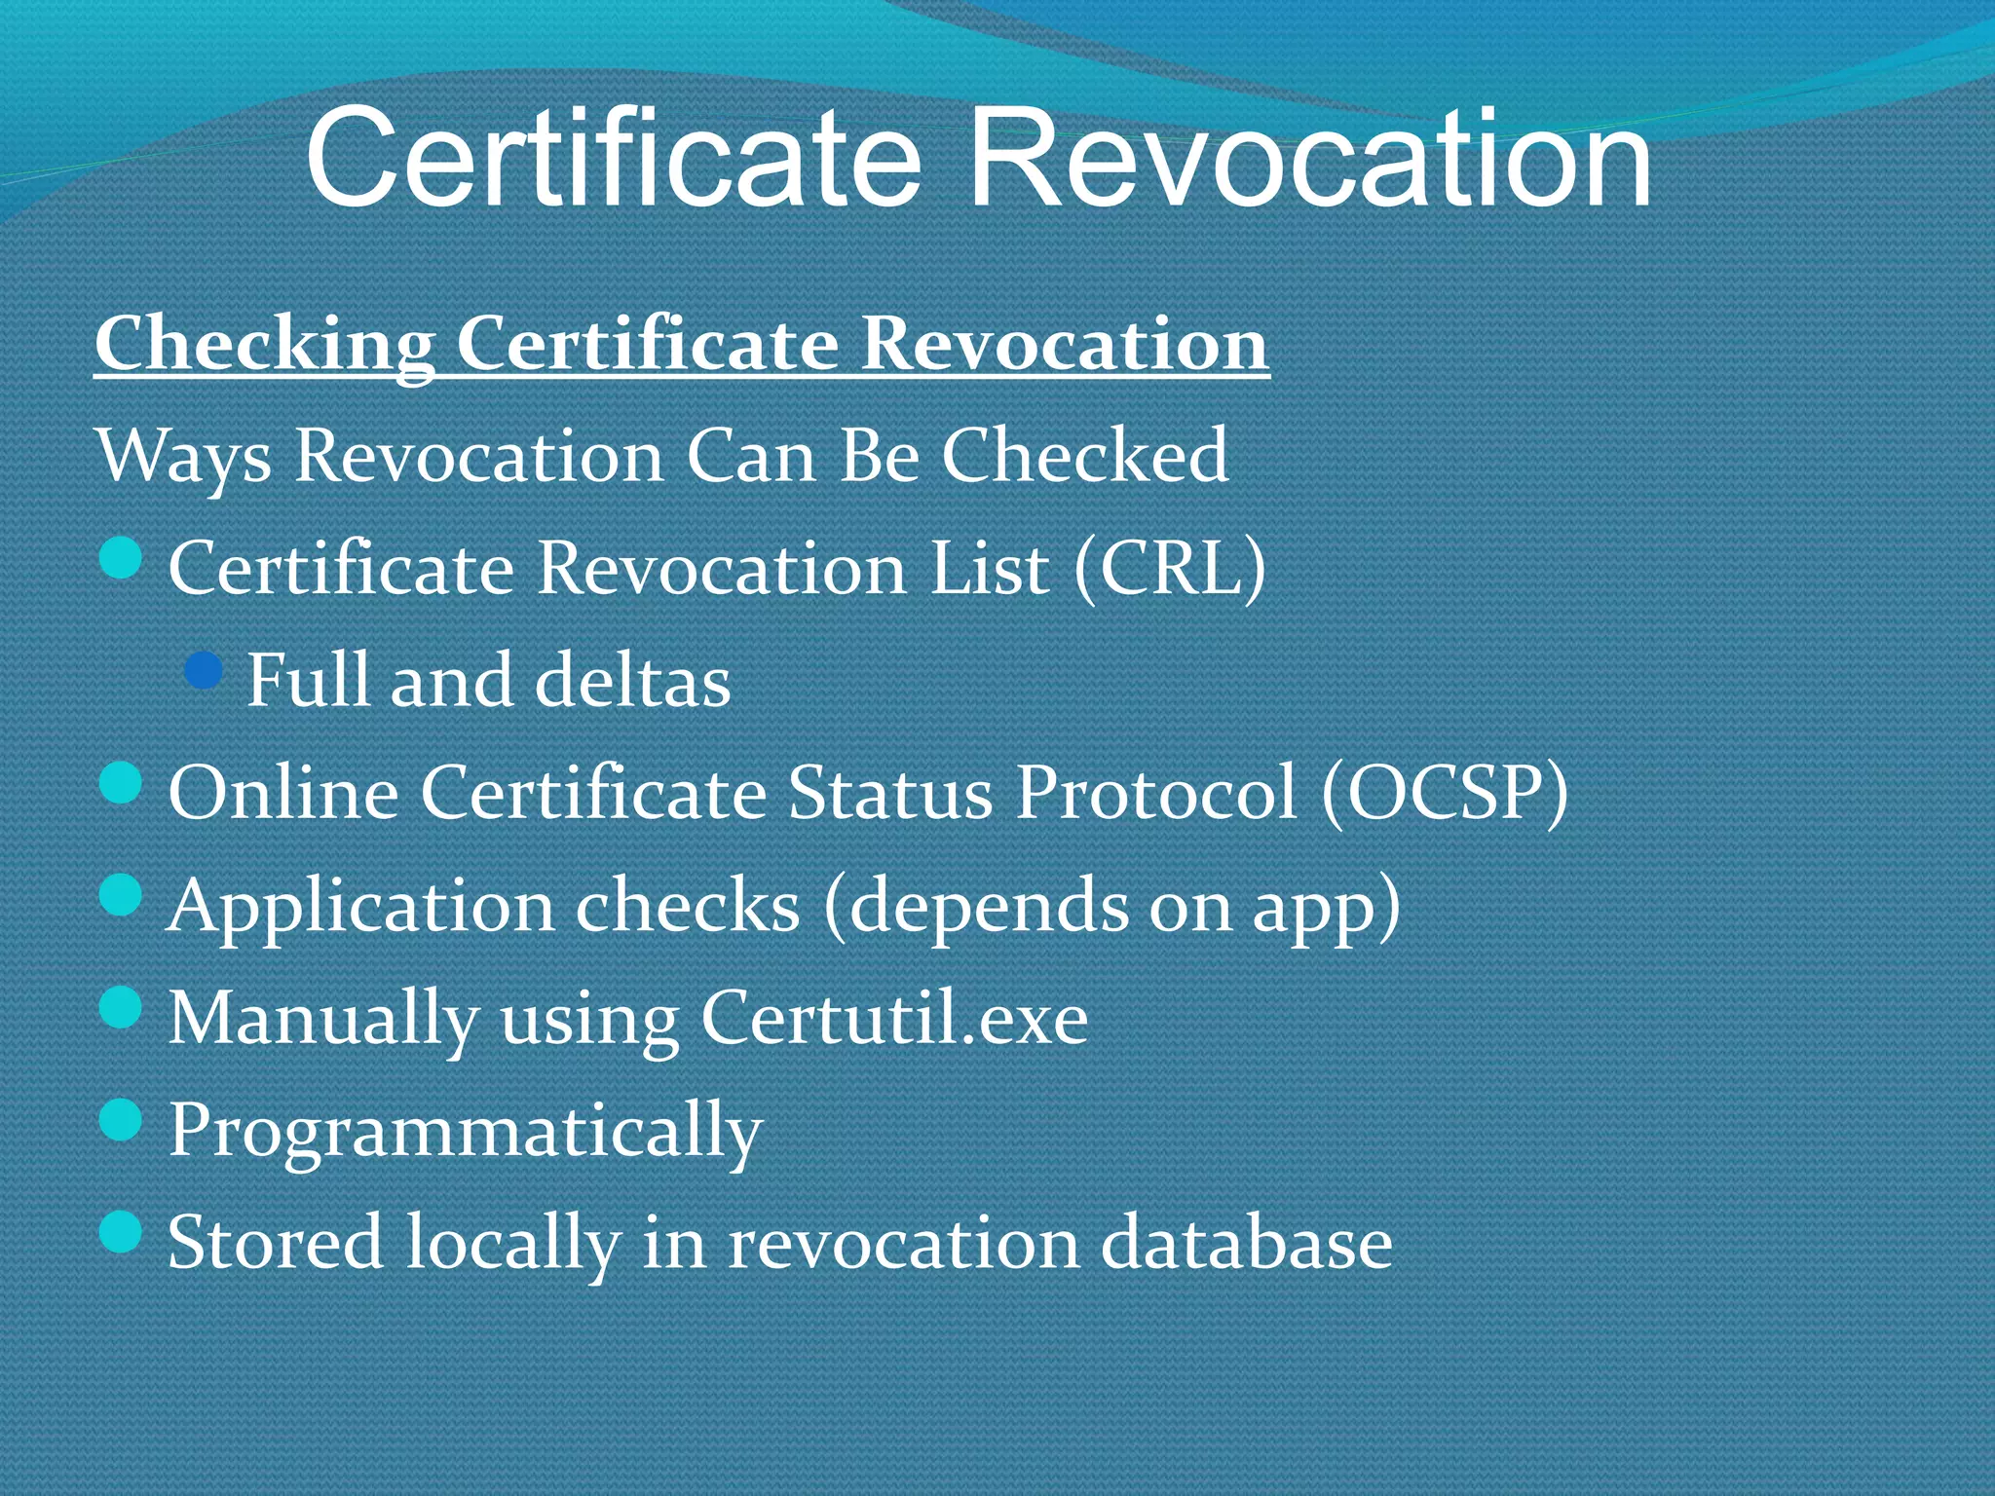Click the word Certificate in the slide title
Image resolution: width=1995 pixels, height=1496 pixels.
pos(613,158)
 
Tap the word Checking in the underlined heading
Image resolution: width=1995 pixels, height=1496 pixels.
pos(265,345)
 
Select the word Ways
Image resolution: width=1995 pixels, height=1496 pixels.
pos(184,456)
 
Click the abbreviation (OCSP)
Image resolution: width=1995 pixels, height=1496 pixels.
pos(1445,791)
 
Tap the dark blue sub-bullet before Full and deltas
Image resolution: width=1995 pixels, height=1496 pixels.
pos(204,671)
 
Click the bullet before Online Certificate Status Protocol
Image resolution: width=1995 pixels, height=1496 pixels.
pos(122,783)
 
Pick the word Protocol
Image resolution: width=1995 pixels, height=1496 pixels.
pos(1156,791)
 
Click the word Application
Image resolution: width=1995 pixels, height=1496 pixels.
pos(360,906)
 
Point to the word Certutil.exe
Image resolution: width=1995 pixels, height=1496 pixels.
pos(893,1018)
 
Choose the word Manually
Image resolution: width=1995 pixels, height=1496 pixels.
pos(322,1020)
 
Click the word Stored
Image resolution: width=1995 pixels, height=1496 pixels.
pos(275,1243)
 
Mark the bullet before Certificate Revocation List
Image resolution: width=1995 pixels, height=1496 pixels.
pos(122,559)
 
